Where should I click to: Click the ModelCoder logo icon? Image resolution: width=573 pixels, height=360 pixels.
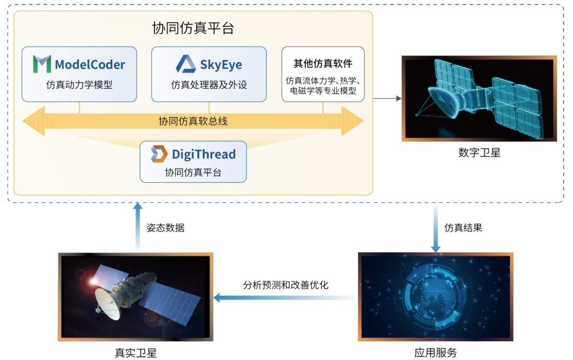point(42,64)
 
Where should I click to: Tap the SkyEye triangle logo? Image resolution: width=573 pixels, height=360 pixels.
point(186,64)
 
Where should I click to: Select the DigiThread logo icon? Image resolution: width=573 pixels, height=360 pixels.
point(159,154)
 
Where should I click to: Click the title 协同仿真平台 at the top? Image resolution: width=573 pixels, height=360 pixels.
point(193,28)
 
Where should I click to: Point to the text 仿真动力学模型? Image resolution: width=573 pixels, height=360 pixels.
point(79,84)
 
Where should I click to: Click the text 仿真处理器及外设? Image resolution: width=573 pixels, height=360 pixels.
point(209,84)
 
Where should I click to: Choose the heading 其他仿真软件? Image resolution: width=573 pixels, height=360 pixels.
point(323,64)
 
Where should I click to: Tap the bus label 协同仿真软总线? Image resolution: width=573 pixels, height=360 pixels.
point(193,121)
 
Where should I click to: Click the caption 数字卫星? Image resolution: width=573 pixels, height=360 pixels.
point(479,153)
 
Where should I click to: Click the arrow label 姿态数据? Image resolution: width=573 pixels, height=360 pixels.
point(166,228)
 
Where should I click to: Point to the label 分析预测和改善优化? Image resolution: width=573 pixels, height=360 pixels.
point(286,285)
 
